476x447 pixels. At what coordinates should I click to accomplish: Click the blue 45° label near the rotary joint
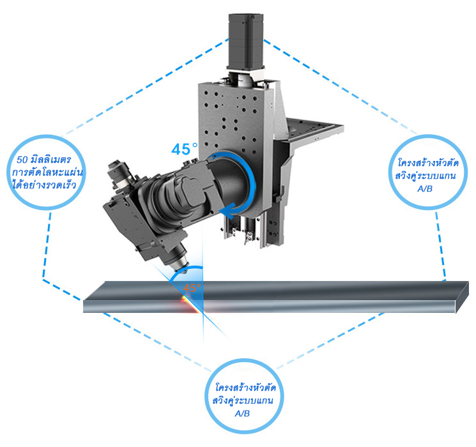pyautogui.click(x=184, y=149)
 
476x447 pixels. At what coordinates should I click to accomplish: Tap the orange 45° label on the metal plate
pyautogui.click(x=192, y=288)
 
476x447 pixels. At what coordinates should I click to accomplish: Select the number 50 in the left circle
pyautogui.click(x=22, y=160)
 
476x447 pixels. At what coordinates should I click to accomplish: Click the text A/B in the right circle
pyautogui.click(x=425, y=189)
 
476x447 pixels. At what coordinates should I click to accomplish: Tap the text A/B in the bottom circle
pyautogui.click(x=243, y=413)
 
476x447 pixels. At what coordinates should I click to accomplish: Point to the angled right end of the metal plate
pyautogui.click(x=462, y=297)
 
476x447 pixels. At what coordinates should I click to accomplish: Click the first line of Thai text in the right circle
pyautogui.click(x=428, y=163)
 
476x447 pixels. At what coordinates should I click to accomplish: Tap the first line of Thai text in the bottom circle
pyautogui.click(x=245, y=388)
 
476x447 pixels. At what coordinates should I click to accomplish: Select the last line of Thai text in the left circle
pyautogui.click(x=44, y=185)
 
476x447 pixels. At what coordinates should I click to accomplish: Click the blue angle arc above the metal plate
pyautogui.click(x=187, y=271)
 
